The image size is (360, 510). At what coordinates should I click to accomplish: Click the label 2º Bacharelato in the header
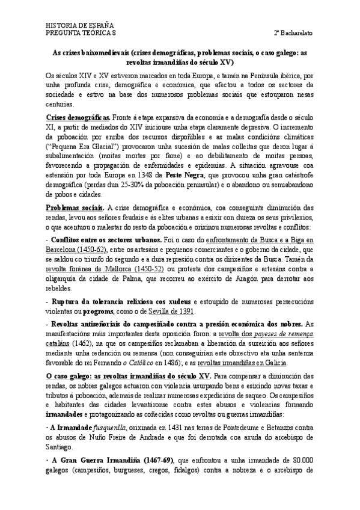(293, 31)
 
